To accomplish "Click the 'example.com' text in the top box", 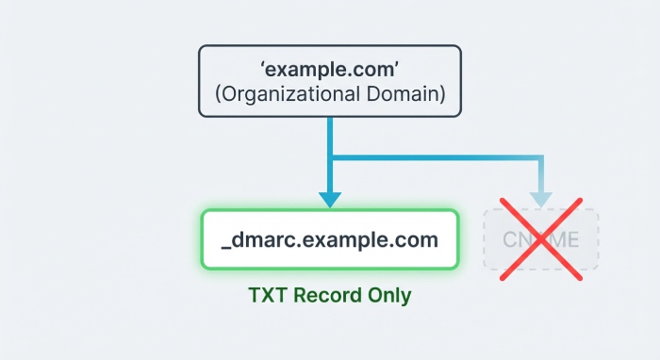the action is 330,71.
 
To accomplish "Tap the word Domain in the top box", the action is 407,94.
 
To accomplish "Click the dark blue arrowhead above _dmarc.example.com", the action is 330,199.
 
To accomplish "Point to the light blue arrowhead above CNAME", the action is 540,199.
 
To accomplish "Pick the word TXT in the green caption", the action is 268,295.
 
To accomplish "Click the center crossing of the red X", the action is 541,239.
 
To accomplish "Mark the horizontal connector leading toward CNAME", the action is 434,155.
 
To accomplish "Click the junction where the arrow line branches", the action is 330,155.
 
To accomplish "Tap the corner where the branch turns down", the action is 540,156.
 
